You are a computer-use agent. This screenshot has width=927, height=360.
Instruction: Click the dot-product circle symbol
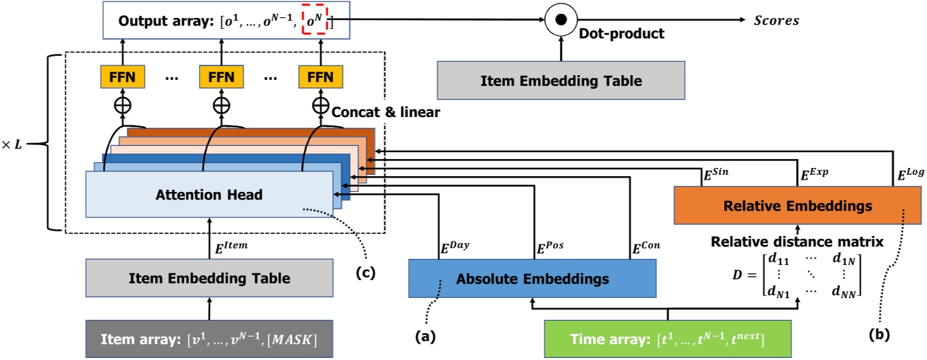(561, 20)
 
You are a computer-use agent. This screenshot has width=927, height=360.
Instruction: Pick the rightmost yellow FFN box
(320, 77)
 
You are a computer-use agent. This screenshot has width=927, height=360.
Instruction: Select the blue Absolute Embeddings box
(532, 279)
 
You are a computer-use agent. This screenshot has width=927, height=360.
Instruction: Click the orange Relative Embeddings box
(797, 205)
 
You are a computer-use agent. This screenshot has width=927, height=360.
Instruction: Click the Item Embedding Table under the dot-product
(561, 81)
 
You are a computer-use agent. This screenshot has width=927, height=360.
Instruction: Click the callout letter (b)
(879, 335)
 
